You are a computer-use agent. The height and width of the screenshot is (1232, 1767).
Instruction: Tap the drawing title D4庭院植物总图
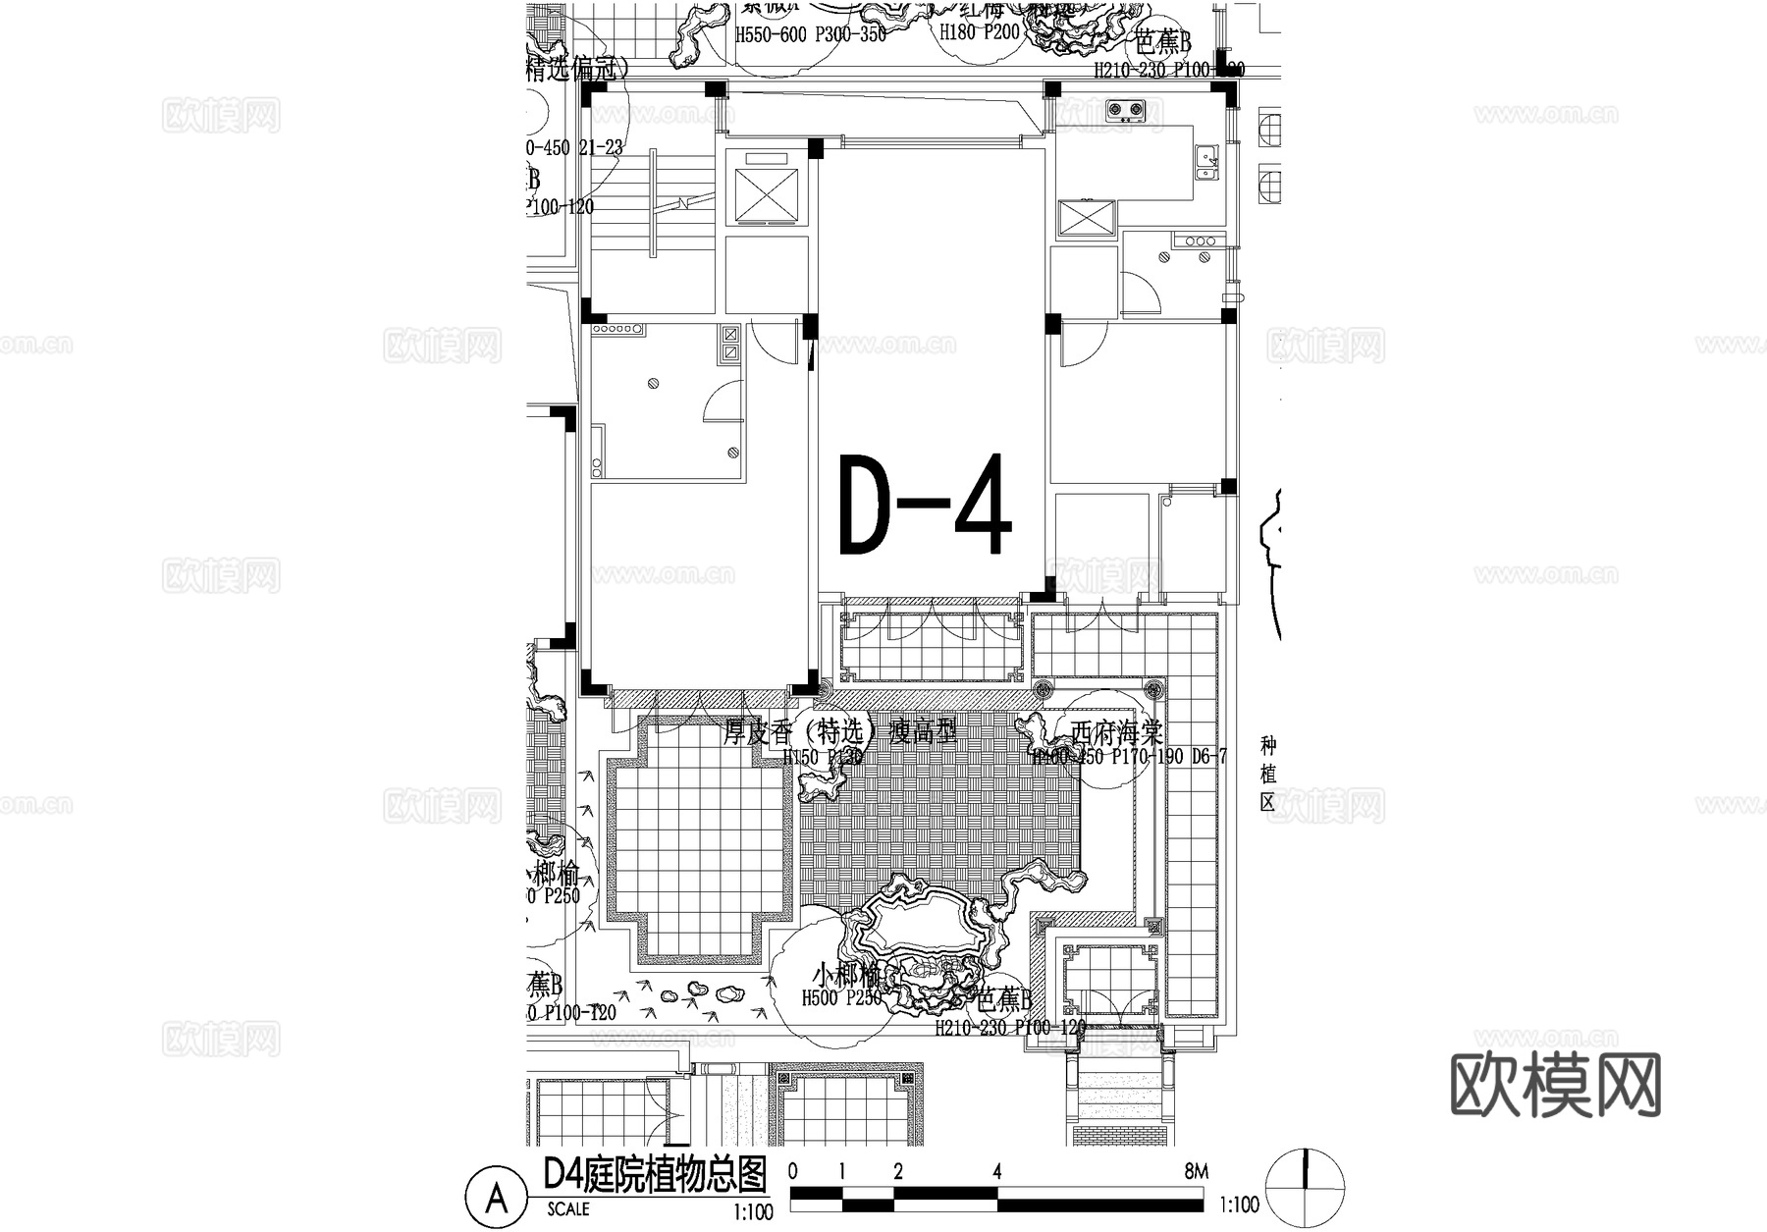[655, 1174]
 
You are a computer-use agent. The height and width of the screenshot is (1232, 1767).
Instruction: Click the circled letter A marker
[497, 1198]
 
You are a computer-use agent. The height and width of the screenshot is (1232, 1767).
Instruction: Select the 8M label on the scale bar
[1196, 1171]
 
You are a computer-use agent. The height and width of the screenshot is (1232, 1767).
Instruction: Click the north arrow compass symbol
[1305, 1186]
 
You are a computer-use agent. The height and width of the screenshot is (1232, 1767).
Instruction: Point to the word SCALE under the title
[568, 1209]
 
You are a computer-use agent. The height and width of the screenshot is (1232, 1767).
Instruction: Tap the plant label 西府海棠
[1116, 732]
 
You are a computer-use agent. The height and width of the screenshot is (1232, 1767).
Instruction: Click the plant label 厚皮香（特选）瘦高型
[839, 732]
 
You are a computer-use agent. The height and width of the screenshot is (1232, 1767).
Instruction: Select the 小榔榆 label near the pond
[846, 977]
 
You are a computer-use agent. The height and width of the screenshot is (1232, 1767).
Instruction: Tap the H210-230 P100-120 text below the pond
[1010, 1028]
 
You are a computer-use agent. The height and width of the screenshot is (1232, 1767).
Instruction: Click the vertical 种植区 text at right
[1267, 773]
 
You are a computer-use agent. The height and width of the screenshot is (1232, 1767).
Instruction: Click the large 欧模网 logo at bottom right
[1555, 1086]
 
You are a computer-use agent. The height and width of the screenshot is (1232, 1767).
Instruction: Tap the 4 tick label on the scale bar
[996, 1171]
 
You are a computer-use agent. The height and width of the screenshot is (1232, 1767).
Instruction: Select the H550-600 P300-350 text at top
[811, 35]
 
